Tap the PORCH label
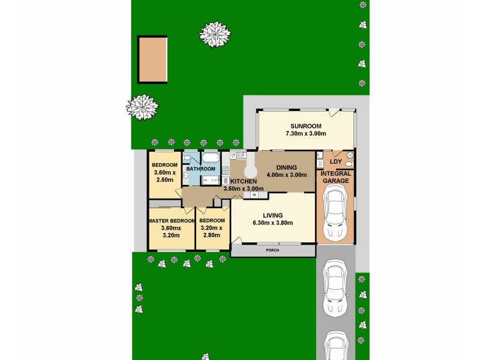[272, 251]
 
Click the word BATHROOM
[200, 169]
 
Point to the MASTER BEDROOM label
[172, 221]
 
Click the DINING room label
[286, 167]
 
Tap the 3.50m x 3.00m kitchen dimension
[243, 189]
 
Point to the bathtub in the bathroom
[210, 158]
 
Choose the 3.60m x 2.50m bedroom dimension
[164, 176]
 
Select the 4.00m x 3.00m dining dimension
[286, 176]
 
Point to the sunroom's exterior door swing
[334, 113]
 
